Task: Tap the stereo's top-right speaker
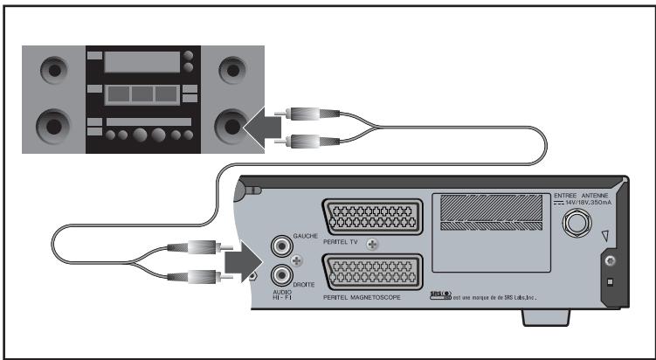click(x=231, y=68)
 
